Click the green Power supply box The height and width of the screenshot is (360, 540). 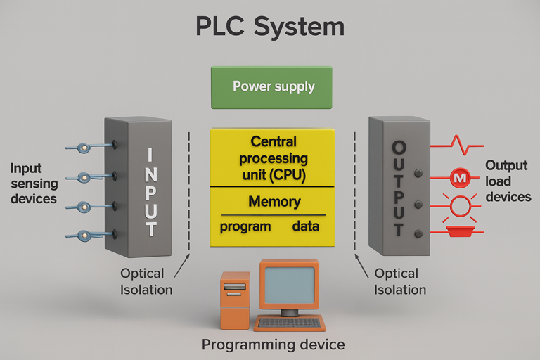(273, 87)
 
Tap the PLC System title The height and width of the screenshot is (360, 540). (270, 27)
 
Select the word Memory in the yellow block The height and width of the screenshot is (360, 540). (274, 202)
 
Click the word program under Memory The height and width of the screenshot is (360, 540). (245, 227)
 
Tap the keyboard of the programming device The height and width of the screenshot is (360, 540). (289, 323)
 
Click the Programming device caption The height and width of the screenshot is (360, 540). (273, 345)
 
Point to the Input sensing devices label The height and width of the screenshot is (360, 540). (33, 184)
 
